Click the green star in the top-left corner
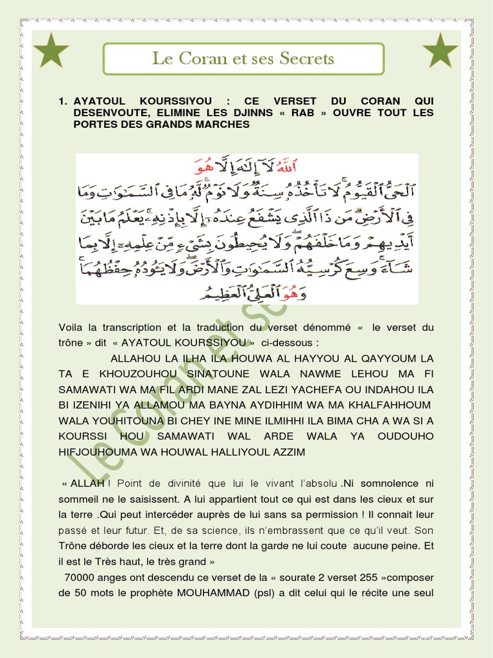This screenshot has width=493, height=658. (x=51, y=51)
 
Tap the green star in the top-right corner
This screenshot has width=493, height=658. (x=440, y=51)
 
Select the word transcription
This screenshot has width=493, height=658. (x=132, y=327)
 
